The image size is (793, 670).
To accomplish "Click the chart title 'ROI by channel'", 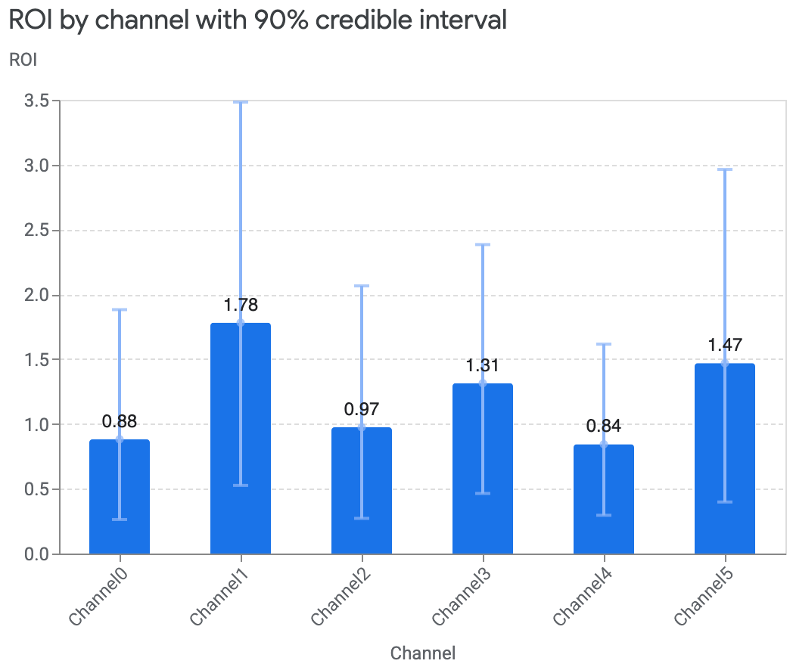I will [257, 20].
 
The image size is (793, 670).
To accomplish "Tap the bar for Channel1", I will [241, 439].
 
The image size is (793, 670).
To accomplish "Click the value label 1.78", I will [241, 305].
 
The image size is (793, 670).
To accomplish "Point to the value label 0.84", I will [604, 426].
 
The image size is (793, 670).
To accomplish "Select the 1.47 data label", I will [725, 345].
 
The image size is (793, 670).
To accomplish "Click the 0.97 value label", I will [362, 409].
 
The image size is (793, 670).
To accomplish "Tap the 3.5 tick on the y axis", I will [37, 101].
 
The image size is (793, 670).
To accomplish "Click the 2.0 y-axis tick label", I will [37, 295].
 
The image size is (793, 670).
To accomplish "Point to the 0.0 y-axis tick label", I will [37, 554].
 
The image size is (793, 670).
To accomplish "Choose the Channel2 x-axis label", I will [339, 597].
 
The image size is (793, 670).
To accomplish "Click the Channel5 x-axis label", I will [702, 597].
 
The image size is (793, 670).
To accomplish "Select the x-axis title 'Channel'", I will [423, 653].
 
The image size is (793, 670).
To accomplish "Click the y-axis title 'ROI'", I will [23, 60].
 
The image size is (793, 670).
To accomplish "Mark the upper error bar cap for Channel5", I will [725, 169].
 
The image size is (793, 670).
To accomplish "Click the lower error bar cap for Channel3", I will [483, 493].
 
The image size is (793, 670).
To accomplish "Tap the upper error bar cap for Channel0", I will [120, 309].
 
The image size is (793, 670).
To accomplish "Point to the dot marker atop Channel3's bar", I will [483, 383].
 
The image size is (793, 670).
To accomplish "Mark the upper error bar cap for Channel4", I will [604, 344].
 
